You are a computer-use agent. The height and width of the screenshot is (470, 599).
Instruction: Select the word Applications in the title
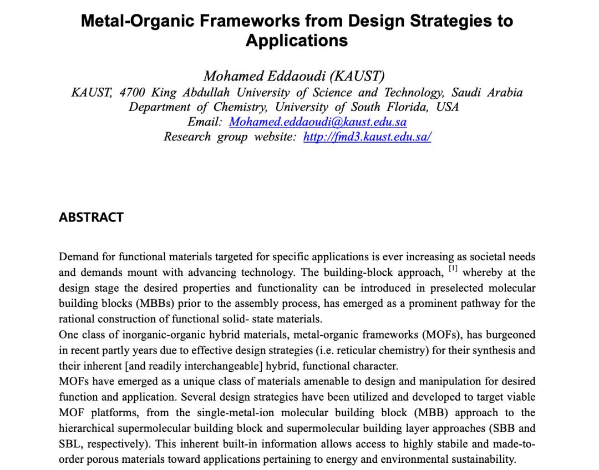point(297,41)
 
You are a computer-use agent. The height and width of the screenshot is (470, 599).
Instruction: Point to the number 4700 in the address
point(132,92)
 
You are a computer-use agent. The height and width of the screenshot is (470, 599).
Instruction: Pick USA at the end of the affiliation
point(447,107)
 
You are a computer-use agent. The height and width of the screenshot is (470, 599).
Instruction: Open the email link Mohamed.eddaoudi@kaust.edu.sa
point(318,122)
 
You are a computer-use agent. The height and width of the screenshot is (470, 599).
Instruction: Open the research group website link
point(367,137)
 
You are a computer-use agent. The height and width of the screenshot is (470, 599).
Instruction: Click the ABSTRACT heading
point(91,217)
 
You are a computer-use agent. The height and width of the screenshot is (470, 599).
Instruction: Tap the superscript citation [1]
point(453,269)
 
